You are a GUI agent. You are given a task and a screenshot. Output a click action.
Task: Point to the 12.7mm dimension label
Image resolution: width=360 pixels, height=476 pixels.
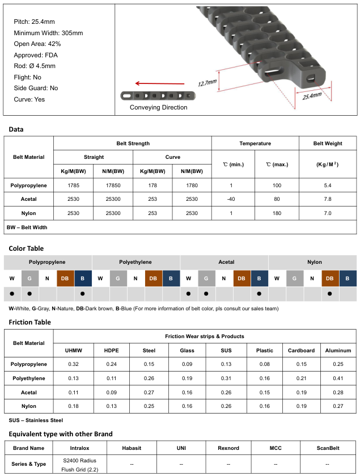207,83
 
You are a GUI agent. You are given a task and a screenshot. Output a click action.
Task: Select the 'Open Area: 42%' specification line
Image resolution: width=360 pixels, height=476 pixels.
37,44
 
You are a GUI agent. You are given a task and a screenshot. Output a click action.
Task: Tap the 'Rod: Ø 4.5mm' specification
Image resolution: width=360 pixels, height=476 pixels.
35,66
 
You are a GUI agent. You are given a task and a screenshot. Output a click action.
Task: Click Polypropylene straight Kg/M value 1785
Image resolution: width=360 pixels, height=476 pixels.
73,186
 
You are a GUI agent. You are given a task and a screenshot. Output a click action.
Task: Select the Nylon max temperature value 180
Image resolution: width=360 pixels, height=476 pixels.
277,213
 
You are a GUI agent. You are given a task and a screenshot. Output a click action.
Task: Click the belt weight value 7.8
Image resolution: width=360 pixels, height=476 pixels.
327,200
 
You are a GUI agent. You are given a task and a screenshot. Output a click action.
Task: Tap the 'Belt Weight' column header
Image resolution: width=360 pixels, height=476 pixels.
327,144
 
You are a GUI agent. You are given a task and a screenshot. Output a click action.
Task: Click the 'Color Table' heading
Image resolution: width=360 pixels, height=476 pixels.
26,248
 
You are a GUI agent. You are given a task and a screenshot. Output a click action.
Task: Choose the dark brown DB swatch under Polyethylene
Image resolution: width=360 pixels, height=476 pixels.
154,279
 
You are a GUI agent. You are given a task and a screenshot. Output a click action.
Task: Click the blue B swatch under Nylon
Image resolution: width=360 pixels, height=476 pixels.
348,279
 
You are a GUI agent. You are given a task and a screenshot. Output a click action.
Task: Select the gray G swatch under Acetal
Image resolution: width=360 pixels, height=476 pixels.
206,279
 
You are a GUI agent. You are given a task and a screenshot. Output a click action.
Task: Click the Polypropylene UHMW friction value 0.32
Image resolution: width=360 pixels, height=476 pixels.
73,364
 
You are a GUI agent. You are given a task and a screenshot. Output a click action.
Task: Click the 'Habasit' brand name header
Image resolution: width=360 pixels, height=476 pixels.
132,448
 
